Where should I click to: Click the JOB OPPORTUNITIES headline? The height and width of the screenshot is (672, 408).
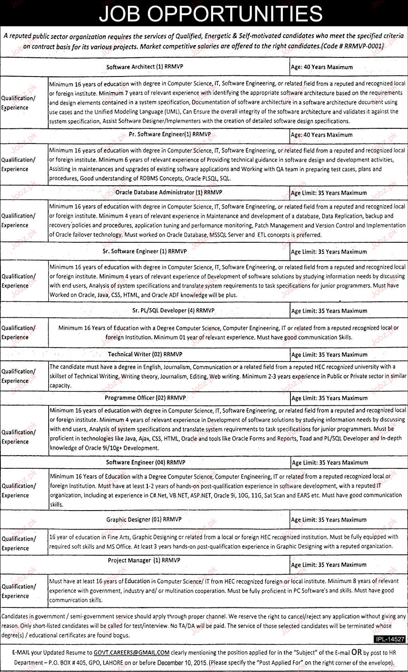(210, 14)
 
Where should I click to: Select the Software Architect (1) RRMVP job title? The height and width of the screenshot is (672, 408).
(145, 67)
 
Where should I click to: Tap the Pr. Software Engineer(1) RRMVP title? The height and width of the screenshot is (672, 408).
(170, 135)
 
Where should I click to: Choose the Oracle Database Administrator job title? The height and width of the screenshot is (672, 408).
(169, 193)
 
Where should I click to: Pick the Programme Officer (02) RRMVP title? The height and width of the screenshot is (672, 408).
(145, 398)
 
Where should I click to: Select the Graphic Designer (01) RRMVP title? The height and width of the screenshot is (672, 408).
(144, 520)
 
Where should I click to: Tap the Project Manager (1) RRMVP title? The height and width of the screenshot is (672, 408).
(144, 560)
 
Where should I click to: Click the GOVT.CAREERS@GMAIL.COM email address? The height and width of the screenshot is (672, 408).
(131, 653)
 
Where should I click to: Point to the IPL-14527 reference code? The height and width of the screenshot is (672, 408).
(390, 639)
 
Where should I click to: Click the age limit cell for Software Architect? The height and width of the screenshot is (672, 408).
(322, 67)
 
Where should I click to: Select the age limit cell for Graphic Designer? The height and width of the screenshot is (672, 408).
(329, 520)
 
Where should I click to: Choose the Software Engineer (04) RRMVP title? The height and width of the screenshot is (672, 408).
(145, 463)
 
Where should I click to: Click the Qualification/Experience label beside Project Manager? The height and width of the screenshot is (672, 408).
(18, 591)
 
